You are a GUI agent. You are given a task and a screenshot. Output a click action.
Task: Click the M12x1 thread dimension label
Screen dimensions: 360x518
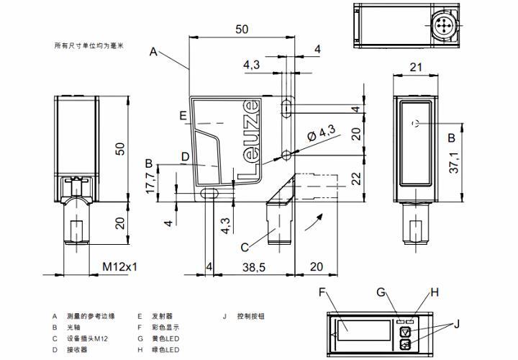[119, 266]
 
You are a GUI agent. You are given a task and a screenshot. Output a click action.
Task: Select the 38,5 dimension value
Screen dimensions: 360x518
[253, 266]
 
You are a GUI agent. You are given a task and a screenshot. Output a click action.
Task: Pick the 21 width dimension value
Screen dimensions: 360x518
[416, 67]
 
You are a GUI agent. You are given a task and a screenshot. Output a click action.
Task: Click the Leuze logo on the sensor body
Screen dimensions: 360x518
[247, 137]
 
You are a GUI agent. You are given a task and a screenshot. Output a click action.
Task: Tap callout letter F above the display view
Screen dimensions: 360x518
[323, 292]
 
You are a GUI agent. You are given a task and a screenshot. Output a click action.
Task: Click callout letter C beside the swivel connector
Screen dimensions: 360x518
[245, 247]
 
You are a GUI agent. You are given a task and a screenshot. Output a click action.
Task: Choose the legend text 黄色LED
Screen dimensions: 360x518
[166, 338]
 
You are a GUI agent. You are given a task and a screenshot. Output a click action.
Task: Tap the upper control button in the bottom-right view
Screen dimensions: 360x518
[405, 332]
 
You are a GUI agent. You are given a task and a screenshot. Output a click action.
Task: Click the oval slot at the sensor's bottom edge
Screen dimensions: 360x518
[211, 193]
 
